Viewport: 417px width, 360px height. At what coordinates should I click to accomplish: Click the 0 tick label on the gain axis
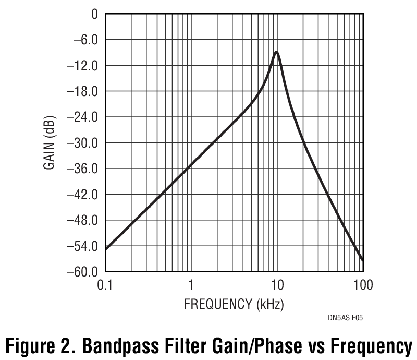[x=94, y=14]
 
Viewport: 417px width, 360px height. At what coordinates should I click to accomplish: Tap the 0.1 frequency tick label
[x=106, y=285]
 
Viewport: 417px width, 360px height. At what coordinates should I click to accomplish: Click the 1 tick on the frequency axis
[x=191, y=285]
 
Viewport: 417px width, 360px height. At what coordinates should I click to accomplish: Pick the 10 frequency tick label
[x=277, y=285]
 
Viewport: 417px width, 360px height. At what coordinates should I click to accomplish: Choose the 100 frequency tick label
[x=363, y=285]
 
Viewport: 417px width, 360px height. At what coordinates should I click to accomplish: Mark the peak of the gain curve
[x=276, y=52]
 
